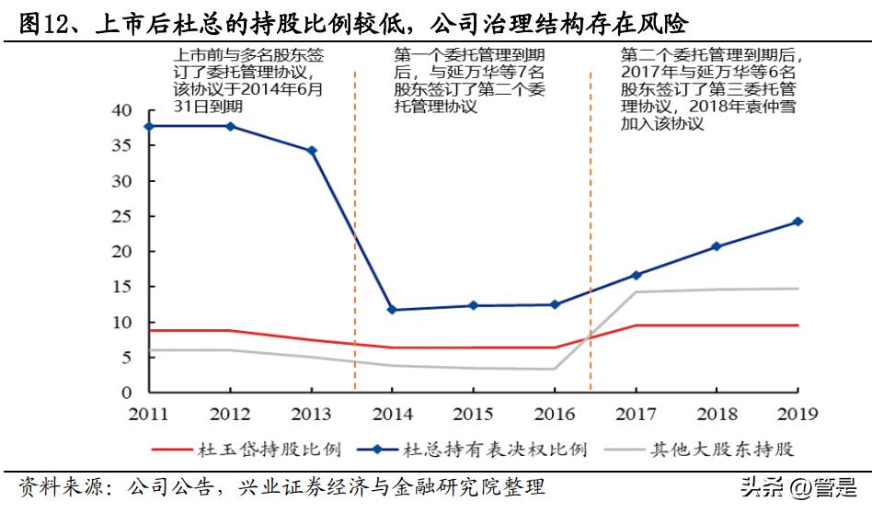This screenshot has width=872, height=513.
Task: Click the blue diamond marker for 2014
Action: point(392,310)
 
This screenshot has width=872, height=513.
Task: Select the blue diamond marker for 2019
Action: point(797,222)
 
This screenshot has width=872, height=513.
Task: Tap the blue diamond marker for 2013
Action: point(311,151)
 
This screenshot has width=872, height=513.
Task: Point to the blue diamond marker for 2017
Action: point(636,275)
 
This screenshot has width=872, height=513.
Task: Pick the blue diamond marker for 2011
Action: point(149,126)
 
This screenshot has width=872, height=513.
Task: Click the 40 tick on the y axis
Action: point(122,110)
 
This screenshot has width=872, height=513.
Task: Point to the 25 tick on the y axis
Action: point(122,217)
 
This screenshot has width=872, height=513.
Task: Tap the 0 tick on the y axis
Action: point(128,393)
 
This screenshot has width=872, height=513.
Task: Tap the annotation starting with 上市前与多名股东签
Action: point(248,81)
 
